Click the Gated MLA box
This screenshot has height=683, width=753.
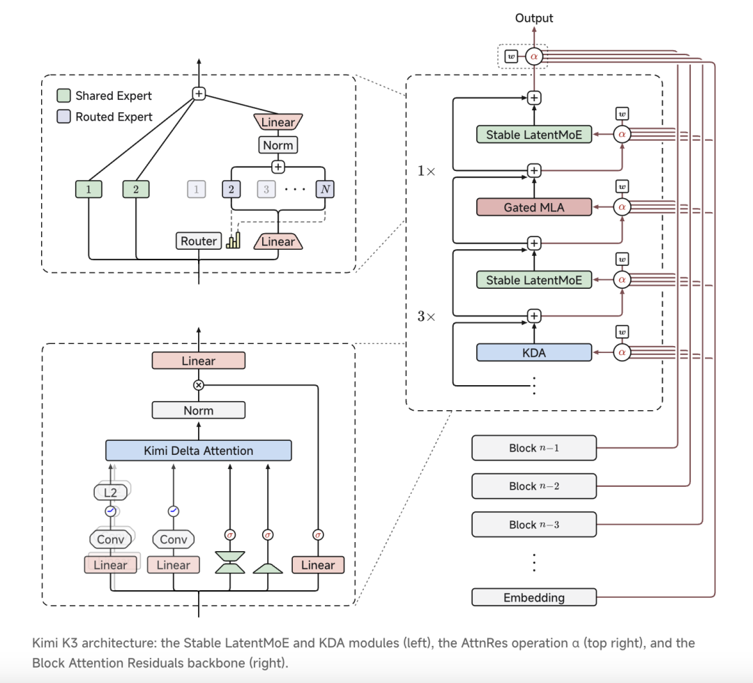(x=534, y=207)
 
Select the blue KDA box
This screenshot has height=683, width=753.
(x=534, y=352)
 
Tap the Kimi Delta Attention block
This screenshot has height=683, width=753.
(x=198, y=451)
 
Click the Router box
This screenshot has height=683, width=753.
(x=198, y=241)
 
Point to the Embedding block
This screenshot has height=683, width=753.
(x=534, y=597)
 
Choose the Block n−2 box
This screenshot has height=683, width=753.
(x=534, y=486)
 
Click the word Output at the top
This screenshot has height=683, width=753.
(x=534, y=17)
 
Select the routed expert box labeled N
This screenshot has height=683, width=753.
(x=325, y=189)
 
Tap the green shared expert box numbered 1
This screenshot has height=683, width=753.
(x=89, y=189)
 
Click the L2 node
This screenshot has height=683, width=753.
(x=110, y=492)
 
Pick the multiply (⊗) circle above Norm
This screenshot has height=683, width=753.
(x=198, y=385)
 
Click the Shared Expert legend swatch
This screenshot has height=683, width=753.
(x=63, y=95)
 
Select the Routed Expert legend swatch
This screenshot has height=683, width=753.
(x=63, y=117)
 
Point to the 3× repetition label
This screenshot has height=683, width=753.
(x=426, y=316)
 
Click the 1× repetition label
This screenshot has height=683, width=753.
(x=426, y=171)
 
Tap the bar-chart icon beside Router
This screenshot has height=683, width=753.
(x=234, y=240)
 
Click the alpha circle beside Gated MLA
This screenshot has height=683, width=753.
(x=622, y=207)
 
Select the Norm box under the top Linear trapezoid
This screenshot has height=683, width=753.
(x=278, y=144)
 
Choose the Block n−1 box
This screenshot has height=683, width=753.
(x=534, y=448)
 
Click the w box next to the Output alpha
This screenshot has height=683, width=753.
(x=511, y=57)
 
